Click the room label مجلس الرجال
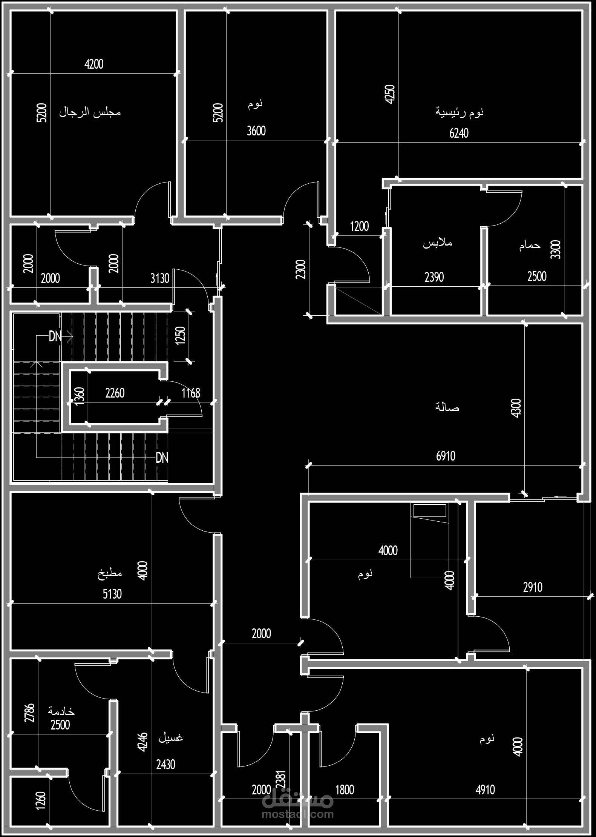(90, 112)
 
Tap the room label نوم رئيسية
(460, 112)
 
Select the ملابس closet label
(437, 243)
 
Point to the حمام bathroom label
(530, 246)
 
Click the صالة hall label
(447, 407)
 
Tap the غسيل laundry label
(171, 737)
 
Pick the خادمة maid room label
(61, 711)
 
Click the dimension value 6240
(459, 133)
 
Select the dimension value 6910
(446, 456)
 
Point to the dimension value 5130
(112, 594)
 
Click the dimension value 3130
(160, 278)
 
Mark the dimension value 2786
(29, 713)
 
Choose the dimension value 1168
(191, 393)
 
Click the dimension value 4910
(485, 789)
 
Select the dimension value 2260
(115, 393)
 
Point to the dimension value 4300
(516, 408)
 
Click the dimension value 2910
(533, 587)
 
